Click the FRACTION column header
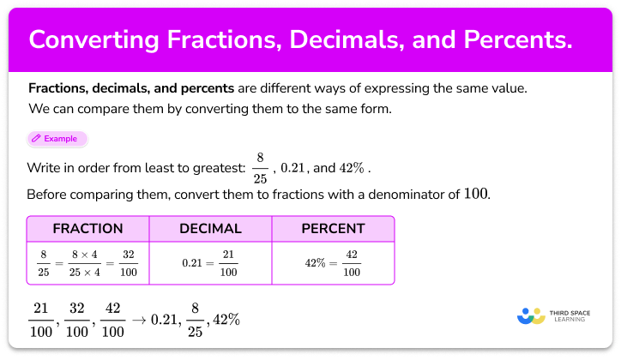[88, 229]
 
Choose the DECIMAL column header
[210, 229]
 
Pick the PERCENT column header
[333, 229]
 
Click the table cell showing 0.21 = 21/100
[210, 262]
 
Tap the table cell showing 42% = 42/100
[333, 262]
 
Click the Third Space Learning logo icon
[531, 316]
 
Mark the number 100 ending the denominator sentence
[476, 193]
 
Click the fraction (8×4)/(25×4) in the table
[87, 262]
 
